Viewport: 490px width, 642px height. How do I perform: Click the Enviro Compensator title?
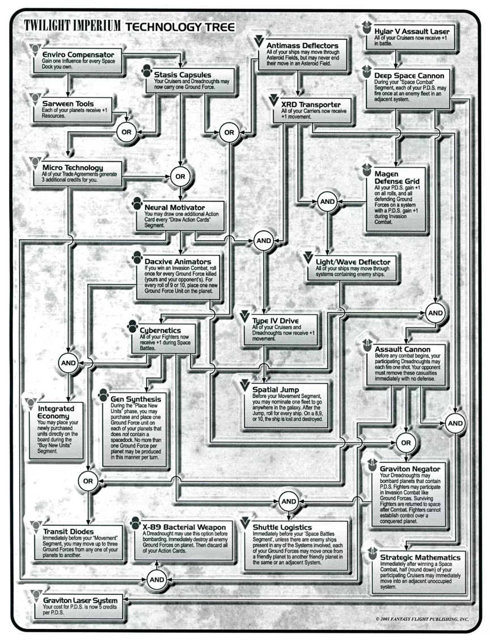tap(78, 54)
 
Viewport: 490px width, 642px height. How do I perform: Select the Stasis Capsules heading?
tap(183, 75)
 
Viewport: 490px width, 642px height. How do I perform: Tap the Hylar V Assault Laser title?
tap(412, 31)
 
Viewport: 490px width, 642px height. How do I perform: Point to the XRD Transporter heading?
tap(311, 104)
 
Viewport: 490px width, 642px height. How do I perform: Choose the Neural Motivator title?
tap(175, 207)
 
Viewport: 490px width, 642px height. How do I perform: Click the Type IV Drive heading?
tap(275, 321)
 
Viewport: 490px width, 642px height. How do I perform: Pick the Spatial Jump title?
tap(276, 389)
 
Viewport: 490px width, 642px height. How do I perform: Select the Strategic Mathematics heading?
tap(420, 557)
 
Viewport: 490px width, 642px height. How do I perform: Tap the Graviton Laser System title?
tap(81, 600)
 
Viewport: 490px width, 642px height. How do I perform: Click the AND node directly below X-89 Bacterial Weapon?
tap(157, 579)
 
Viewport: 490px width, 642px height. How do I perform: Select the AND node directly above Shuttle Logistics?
tap(289, 501)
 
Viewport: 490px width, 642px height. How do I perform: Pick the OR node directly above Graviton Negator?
tap(406, 443)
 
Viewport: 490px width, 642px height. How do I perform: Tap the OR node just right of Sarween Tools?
tap(126, 132)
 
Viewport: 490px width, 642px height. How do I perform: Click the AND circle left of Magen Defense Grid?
tap(327, 202)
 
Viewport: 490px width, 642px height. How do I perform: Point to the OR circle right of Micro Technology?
tap(180, 176)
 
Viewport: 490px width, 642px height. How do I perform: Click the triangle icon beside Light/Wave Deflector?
tap(309, 258)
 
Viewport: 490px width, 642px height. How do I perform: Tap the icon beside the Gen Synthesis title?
tap(104, 395)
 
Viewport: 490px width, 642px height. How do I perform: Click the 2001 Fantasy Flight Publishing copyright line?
tap(422, 619)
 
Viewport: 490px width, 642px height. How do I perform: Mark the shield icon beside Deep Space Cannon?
tap(367, 71)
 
